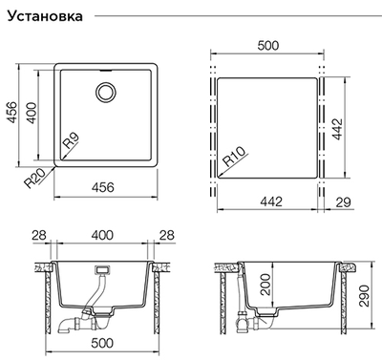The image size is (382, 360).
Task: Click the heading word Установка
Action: click(x=45, y=16)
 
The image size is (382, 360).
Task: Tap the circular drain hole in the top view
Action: click(x=106, y=92)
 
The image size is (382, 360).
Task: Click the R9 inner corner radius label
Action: click(x=71, y=140)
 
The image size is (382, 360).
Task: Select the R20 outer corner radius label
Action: click(x=34, y=179)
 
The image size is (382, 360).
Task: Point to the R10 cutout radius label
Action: click(x=235, y=157)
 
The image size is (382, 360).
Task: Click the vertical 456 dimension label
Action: click(x=12, y=112)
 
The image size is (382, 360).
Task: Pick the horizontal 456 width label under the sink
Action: click(x=103, y=187)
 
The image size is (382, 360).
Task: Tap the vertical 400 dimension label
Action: click(x=32, y=113)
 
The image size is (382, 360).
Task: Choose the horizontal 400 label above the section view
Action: click(x=102, y=235)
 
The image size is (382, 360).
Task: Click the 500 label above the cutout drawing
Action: click(x=268, y=46)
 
